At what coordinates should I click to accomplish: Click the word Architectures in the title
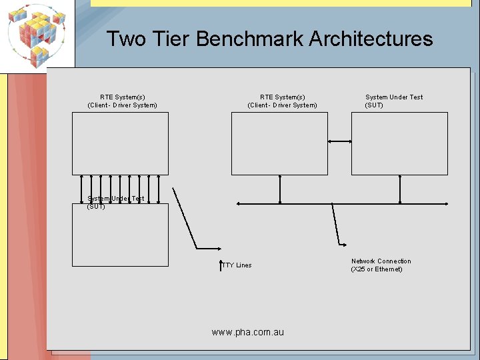tap(371, 39)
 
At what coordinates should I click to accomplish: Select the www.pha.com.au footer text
tap(247, 332)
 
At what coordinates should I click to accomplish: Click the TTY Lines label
tap(237, 265)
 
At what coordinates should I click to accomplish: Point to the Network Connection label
tap(381, 261)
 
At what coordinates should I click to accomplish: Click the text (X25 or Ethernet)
tap(377, 269)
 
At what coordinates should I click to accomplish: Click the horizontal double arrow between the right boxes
tap(340, 141)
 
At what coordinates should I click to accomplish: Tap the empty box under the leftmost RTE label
tap(120, 143)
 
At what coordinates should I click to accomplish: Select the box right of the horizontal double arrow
tap(399, 143)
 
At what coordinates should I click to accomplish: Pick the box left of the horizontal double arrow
tap(279, 143)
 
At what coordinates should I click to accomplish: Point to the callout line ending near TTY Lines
tap(185, 217)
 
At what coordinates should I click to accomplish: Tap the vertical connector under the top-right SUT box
tap(400, 189)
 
